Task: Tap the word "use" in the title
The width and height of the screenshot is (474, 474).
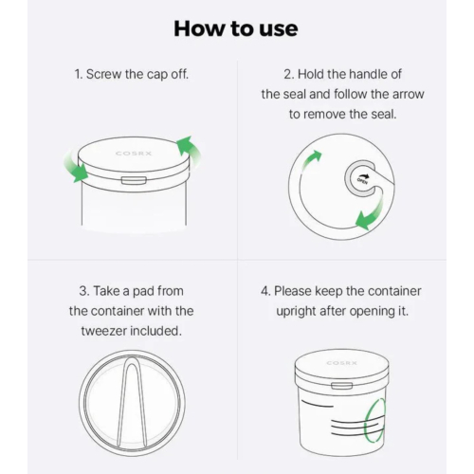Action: [x=279, y=30]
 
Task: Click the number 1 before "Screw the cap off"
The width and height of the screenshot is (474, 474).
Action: [x=78, y=74]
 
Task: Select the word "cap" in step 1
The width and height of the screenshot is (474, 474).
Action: [x=157, y=75]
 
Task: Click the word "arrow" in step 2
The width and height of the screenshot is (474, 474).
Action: [x=409, y=95]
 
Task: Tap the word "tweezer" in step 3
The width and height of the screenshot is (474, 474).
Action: [x=103, y=331]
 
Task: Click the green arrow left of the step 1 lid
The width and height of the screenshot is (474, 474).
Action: [x=77, y=168]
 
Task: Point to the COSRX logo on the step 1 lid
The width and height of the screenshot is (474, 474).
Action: [x=134, y=154]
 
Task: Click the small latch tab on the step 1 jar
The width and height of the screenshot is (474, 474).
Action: [x=134, y=180]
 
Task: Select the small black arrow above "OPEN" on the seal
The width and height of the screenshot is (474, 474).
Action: [x=365, y=175]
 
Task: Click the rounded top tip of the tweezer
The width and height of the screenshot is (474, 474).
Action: [x=131, y=358]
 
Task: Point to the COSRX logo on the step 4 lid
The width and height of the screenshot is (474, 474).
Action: [x=341, y=363]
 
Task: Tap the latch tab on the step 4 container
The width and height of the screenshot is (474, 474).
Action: [x=341, y=386]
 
